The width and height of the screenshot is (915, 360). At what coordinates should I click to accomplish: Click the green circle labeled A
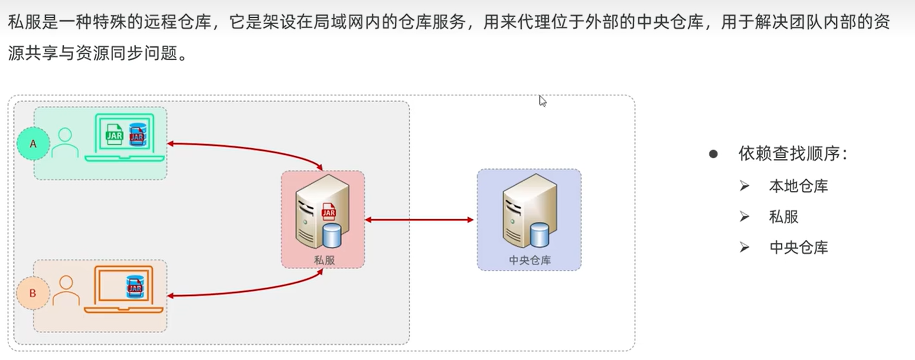pos(33,144)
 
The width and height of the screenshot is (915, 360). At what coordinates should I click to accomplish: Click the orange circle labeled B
pos(33,293)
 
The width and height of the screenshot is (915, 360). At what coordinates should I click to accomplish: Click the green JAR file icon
pos(114,134)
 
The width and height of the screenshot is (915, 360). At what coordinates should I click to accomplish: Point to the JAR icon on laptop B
pos(135,287)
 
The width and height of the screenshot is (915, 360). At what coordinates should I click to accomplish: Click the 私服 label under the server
pos(324,260)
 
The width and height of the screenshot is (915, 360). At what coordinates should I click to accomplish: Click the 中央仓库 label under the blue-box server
pos(530,260)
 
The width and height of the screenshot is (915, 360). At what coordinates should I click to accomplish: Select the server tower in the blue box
pos(529,211)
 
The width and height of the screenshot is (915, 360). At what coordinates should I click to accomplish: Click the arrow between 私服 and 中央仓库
pos(420,220)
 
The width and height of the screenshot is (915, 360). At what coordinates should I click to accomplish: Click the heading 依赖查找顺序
pos(789,154)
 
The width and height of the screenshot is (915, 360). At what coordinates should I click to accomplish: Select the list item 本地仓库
pos(799,186)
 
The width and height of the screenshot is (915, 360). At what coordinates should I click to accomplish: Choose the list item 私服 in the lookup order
pos(784,217)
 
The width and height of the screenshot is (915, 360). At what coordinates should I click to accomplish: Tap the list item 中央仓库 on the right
pos(799,247)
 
